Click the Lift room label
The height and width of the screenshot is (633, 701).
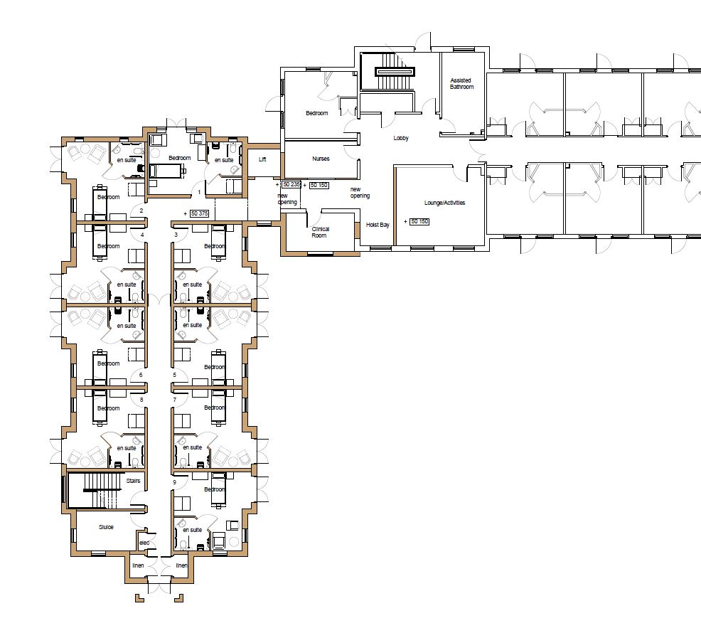click(x=262, y=160)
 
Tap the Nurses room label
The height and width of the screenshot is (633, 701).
click(x=321, y=159)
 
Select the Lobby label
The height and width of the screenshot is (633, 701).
click(x=401, y=138)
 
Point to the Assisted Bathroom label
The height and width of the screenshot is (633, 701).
click(x=461, y=83)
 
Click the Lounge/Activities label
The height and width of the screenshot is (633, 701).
click(x=444, y=203)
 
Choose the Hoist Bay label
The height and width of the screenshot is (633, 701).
click(x=378, y=225)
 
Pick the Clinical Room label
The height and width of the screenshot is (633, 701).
click(x=320, y=232)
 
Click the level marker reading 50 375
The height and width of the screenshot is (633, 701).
click(x=199, y=213)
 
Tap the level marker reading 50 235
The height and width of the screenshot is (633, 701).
click(x=291, y=185)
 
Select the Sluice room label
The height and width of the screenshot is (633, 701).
click(x=106, y=527)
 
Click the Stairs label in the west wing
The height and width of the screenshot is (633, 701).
click(x=133, y=482)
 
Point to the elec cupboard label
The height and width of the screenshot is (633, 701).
click(x=144, y=543)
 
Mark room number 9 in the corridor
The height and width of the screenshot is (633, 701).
click(x=174, y=482)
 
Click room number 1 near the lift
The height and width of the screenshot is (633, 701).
click(x=200, y=192)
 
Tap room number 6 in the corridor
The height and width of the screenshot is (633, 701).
click(x=141, y=375)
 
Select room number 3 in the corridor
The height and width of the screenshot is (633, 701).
click(x=175, y=234)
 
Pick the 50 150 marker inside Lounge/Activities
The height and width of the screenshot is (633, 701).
click(x=419, y=222)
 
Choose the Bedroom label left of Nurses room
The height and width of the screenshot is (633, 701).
click(x=317, y=113)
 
